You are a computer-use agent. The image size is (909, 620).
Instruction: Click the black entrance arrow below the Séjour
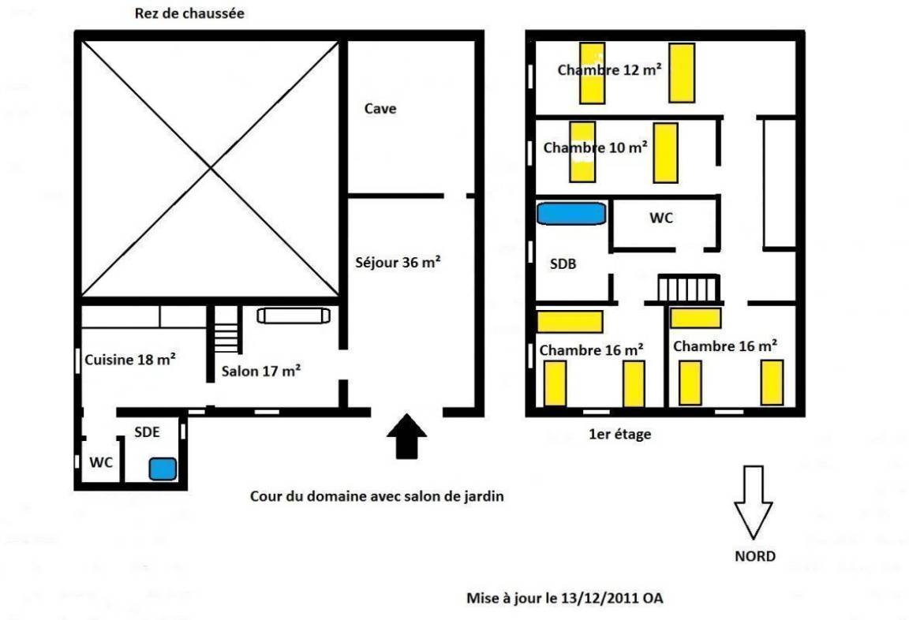coord(407,436)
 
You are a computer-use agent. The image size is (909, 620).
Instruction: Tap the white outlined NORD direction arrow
coord(753,502)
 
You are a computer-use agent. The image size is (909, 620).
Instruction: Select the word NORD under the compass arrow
coord(755,556)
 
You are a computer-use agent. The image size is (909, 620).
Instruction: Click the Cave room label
coord(380,108)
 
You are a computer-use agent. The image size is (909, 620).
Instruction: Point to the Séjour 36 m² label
coord(398,263)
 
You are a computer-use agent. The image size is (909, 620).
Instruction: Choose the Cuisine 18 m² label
coord(130,359)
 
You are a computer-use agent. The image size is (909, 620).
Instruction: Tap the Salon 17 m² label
coord(261,371)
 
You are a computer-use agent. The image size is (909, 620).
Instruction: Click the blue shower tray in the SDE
coord(163,469)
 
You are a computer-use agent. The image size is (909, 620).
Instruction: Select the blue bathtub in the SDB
coord(571,213)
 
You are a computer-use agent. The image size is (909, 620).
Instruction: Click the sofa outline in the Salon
coord(294,316)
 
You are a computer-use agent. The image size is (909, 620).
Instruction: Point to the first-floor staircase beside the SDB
coord(689,288)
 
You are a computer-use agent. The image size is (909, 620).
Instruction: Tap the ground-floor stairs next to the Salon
coord(226,329)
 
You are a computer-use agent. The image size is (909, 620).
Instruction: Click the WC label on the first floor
coord(661,218)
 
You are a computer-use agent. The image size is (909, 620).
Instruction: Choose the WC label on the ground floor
coord(101,462)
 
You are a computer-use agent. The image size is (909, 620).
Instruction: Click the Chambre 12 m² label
coord(610,69)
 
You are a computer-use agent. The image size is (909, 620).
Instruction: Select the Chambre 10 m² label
coord(596,148)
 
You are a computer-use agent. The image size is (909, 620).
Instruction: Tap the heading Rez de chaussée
coord(189,13)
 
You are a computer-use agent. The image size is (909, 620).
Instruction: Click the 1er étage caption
coord(619,434)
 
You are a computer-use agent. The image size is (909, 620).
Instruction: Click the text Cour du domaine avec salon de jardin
coord(377,496)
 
